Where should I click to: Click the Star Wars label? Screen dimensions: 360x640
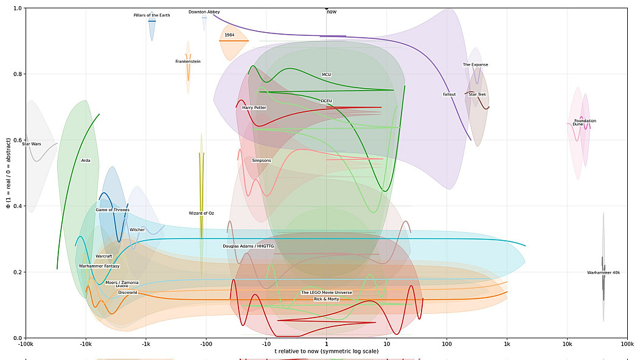pyautogui.click(x=32, y=144)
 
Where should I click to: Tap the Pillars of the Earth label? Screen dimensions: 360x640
pyautogui.click(x=152, y=15)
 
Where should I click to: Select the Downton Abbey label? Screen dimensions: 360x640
pyautogui.click(x=204, y=12)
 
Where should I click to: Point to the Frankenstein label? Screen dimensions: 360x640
pyautogui.click(x=188, y=61)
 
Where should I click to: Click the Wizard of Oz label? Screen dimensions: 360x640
pyautogui.click(x=201, y=213)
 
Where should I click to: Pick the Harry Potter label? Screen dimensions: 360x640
pyautogui.click(x=254, y=108)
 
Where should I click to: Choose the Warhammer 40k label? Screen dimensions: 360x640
pyautogui.click(x=603, y=273)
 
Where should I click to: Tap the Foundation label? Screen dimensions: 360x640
pyautogui.click(x=585, y=121)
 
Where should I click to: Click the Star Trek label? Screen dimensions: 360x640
pyautogui.click(x=478, y=94)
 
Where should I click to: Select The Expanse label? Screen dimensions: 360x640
pyautogui.click(x=476, y=64)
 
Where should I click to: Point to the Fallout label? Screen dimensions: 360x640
pyautogui.click(x=450, y=94)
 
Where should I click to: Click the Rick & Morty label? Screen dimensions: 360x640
pyautogui.click(x=327, y=299)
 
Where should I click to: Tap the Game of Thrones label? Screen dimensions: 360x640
pyautogui.click(x=113, y=210)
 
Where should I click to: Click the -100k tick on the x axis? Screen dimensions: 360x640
pyautogui.click(x=26, y=344)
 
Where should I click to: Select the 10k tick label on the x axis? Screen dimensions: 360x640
pyautogui.click(x=568, y=344)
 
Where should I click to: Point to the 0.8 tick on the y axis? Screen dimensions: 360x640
pyautogui.click(x=17, y=74)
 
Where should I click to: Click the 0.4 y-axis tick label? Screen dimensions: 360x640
pyautogui.click(x=17, y=206)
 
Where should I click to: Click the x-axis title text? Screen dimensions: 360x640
pyautogui.click(x=326, y=352)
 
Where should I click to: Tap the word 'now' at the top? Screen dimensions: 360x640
pyautogui.click(x=332, y=12)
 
